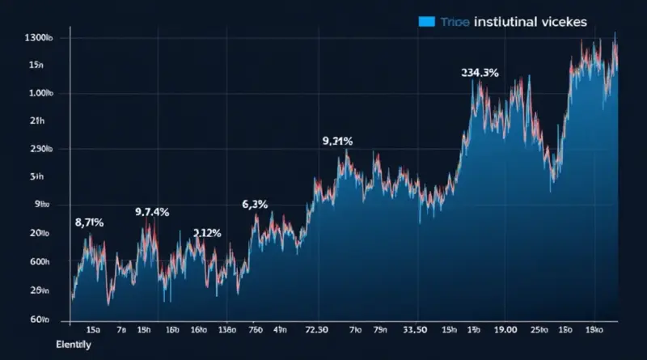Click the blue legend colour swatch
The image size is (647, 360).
tap(427, 22)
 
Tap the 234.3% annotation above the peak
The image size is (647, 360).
tap(480, 73)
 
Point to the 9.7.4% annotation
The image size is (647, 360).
tap(151, 212)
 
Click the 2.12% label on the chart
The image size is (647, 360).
tap(207, 233)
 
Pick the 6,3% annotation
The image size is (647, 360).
tap(255, 204)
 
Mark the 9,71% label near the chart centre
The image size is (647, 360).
tap(337, 141)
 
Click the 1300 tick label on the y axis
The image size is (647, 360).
tap(40, 38)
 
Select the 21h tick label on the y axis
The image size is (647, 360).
tap(36, 121)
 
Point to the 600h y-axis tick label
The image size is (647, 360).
tap(40, 262)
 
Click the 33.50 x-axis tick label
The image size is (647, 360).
tap(414, 330)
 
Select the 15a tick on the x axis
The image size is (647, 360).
tap(93, 330)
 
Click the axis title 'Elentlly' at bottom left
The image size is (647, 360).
tap(73, 345)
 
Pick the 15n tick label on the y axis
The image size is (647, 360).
tap(36, 65)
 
